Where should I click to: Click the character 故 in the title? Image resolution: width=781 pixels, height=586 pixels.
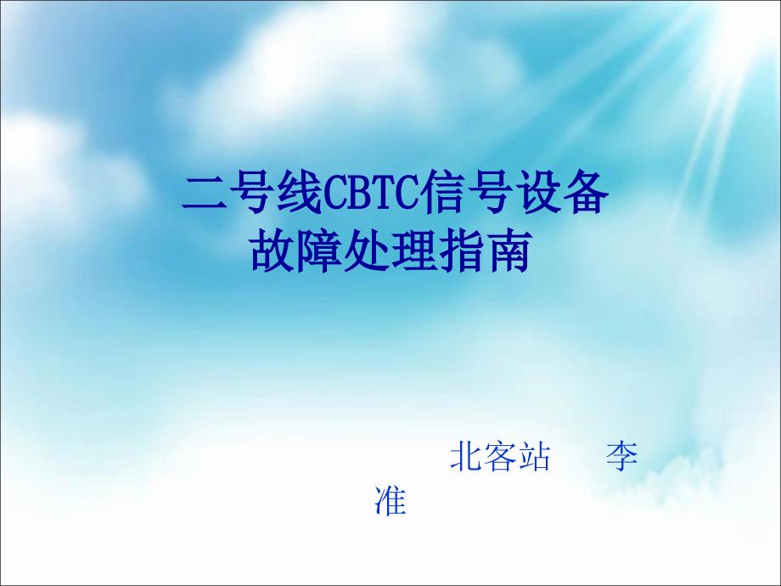tap(273, 251)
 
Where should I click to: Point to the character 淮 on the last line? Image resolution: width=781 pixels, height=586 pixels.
tap(390, 499)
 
